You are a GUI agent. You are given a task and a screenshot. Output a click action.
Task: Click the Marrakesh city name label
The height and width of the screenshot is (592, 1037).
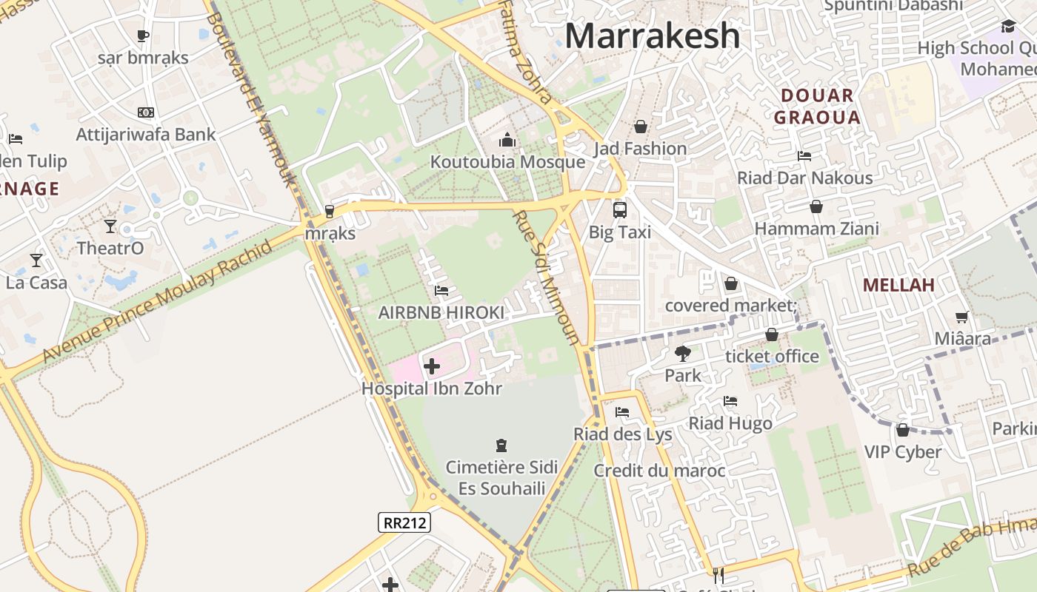pyautogui.click(x=653, y=36)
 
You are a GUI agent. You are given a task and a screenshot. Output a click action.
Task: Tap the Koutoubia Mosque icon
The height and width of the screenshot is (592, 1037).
pyautogui.click(x=507, y=140)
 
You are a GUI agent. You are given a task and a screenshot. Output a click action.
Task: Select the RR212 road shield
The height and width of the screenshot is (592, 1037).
pyautogui.click(x=404, y=522)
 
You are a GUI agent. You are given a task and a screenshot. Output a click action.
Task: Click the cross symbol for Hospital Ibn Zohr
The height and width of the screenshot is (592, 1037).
pyautogui.click(x=431, y=366)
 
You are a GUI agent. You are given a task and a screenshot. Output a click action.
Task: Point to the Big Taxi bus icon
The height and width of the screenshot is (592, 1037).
pyautogui.click(x=619, y=209)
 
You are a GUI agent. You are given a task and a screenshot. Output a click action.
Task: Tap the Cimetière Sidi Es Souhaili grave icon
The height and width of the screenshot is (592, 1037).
pyautogui.click(x=501, y=445)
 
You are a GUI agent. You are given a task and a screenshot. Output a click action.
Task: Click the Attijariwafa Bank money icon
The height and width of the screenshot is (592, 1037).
pyautogui.click(x=146, y=112)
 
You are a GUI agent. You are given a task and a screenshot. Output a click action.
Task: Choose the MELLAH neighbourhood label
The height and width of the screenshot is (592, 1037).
pyautogui.click(x=898, y=285)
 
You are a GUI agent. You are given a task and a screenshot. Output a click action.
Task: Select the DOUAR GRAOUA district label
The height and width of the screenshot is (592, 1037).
pyautogui.click(x=817, y=106)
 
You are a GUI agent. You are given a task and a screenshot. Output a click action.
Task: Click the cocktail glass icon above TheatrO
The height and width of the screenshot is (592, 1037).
pyautogui.click(x=110, y=226)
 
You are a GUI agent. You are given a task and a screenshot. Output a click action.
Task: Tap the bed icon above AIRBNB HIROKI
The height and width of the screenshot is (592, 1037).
pyautogui.click(x=441, y=291)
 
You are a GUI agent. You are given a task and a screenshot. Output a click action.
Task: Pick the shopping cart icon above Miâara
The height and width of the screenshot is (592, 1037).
pyautogui.click(x=961, y=317)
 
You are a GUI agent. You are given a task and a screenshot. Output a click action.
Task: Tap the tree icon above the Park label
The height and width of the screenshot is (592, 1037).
pyautogui.click(x=682, y=354)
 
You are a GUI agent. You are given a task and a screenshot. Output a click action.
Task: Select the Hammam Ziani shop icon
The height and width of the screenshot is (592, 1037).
pyautogui.click(x=816, y=206)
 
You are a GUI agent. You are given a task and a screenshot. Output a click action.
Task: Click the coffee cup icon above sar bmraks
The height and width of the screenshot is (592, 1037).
pyautogui.click(x=143, y=36)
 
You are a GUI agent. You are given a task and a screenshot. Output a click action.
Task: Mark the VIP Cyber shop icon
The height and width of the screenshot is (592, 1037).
pyautogui.click(x=902, y=430)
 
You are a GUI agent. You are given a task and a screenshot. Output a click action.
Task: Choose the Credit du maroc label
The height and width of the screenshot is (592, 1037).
pyautogui.click(x=659, y=471)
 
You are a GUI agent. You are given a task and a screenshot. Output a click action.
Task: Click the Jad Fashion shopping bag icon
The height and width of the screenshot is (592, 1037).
pyautogui.click(x=641, y=127)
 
